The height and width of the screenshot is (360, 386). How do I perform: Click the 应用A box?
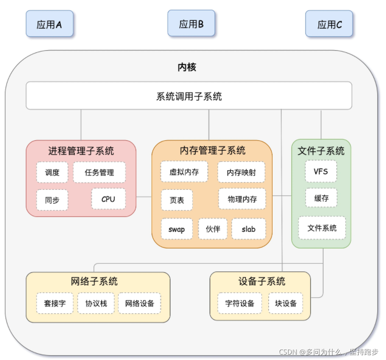[x=49, y=24]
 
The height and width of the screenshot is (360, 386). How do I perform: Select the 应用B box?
[x=191, y=23]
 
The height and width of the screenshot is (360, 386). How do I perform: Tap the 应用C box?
[x=330, y=24]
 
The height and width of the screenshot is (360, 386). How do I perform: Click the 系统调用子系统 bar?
[x=189, y=96]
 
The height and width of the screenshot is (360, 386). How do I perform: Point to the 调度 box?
[x=52, y=172]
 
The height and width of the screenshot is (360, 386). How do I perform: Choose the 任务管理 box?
[x=99, y=172]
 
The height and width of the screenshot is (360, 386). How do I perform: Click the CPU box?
[x=108, y=198]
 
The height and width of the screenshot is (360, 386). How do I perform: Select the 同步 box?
[x=52, y=199]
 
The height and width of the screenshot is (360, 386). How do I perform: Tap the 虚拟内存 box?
[x=184, y=172]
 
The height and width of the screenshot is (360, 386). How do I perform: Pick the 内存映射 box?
[x=241, y=172]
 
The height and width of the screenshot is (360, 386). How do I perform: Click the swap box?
[x=177, y=229]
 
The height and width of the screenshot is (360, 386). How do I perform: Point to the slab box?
[x=248, y=229]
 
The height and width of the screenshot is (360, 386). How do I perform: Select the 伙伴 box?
[x=213, y=229]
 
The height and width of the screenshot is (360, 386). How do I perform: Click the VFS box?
[x=321, y=171]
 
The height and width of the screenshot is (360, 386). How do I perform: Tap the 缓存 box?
[x=321, y=198]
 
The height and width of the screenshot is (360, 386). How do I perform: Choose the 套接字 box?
[x=55, y=303]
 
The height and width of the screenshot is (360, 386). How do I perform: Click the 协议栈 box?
[x=96, y=303]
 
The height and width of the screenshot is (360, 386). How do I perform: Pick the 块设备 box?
[x=286, y=303]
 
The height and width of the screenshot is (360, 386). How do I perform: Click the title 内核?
[x=187, y=67]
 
